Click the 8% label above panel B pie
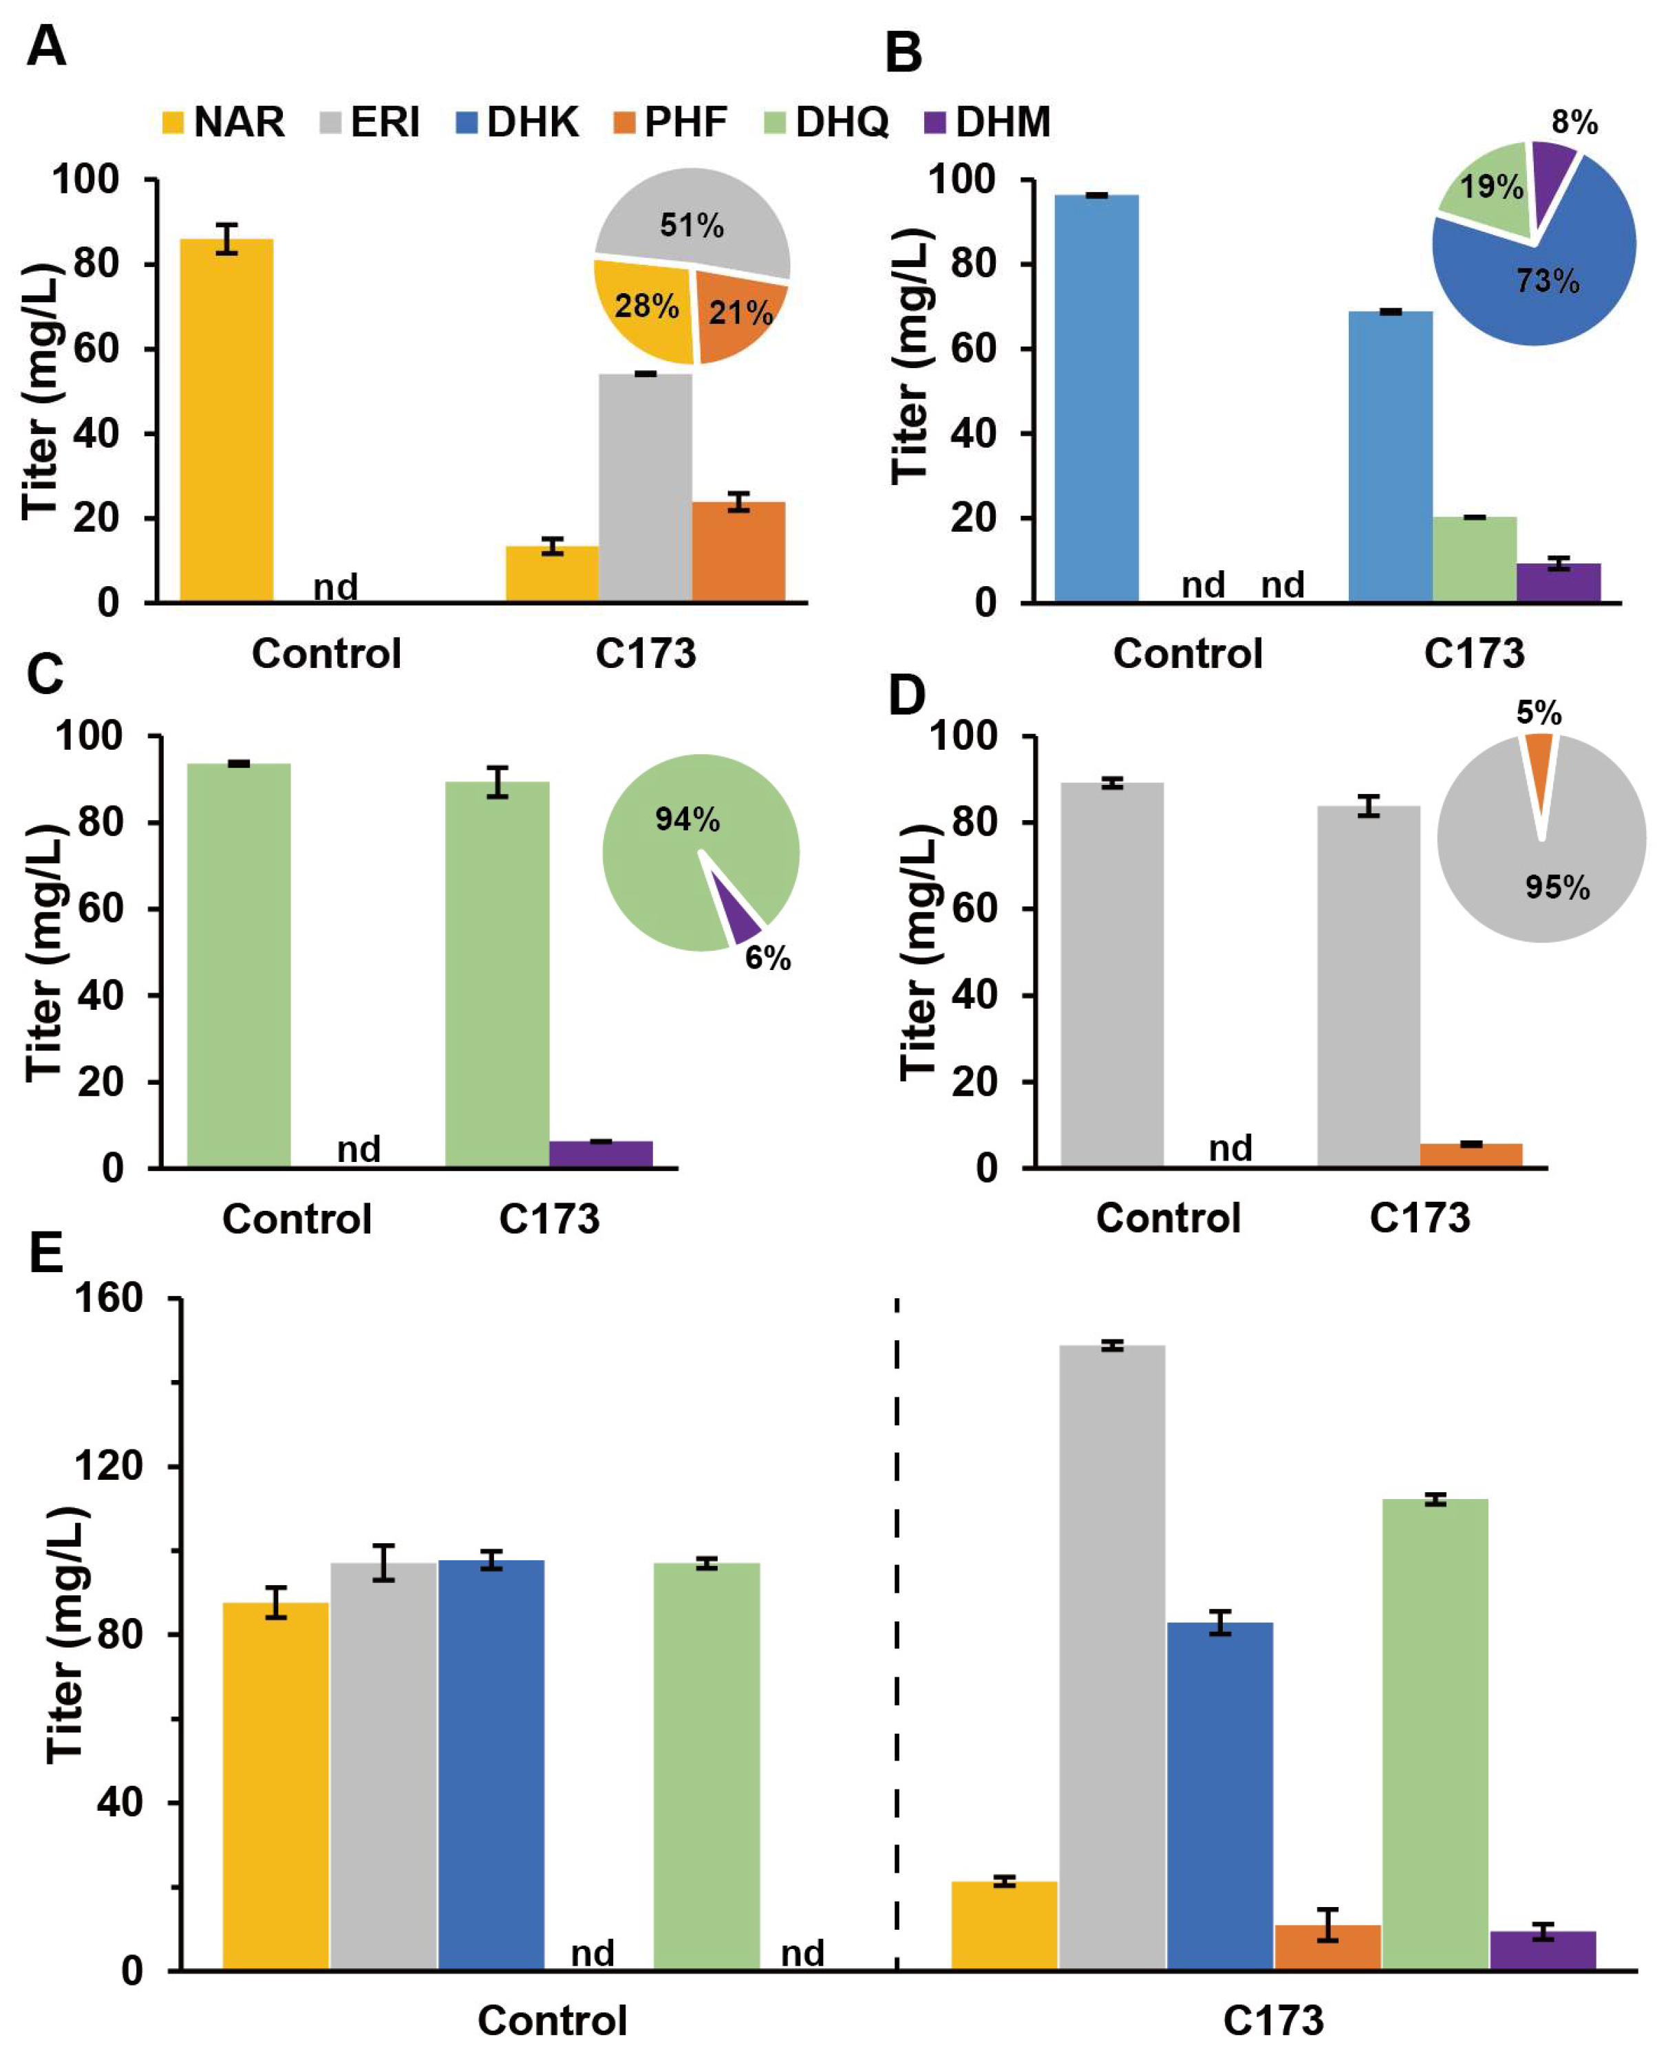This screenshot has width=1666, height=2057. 1574,123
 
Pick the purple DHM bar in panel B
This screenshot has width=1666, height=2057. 1559,583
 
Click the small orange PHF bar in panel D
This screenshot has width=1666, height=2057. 1471,1155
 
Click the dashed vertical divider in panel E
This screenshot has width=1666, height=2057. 897,1631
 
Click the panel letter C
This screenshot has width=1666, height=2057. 45,674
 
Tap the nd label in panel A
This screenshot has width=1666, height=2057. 335,585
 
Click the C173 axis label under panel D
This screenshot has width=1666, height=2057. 1420,1218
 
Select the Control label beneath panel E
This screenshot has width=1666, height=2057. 552,2021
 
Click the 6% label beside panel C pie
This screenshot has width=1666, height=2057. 768,958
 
